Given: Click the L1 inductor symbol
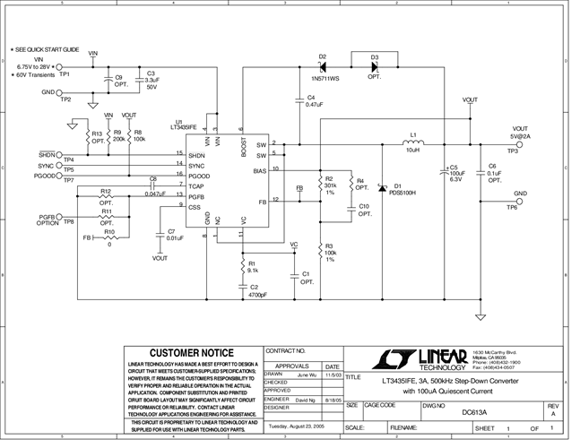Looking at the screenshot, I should [413, 142].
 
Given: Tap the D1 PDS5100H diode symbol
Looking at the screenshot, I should [383, 188].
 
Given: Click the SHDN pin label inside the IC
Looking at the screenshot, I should [196, 154].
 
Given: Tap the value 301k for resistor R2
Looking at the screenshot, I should [331, 185].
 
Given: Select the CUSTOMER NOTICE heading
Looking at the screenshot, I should [191, 353].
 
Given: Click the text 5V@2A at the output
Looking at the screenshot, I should [520, 136].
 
